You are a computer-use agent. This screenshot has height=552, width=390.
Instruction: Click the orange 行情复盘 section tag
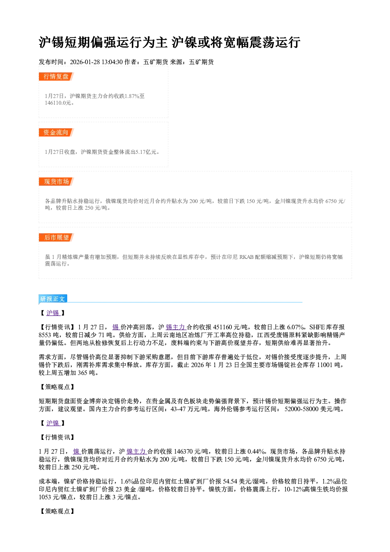click(x=56, y=76)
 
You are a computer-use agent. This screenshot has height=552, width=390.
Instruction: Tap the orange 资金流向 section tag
click(x=56, y=132)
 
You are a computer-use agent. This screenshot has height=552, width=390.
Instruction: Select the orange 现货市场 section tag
click(x=56, y=182)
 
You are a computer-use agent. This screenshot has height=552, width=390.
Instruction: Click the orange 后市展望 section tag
click(x=56, y=238)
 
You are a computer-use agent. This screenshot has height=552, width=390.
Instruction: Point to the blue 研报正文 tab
click(x=53, y=299)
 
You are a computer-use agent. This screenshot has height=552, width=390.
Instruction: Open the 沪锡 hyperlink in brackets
click(x=53, y=313)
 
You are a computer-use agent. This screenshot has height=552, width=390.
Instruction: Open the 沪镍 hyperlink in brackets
click(x=53, y=423)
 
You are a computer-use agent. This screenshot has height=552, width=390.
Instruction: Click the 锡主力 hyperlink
click(x=176, y=327)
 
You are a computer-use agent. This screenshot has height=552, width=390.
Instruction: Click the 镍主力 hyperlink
click(x=136, y=451)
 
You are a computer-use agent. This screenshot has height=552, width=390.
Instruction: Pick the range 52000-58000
click(x=302, y=409)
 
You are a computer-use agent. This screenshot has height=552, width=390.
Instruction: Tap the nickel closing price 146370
click(x=183, y=451)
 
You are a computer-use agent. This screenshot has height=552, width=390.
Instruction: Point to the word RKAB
click(x=246, y=257)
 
